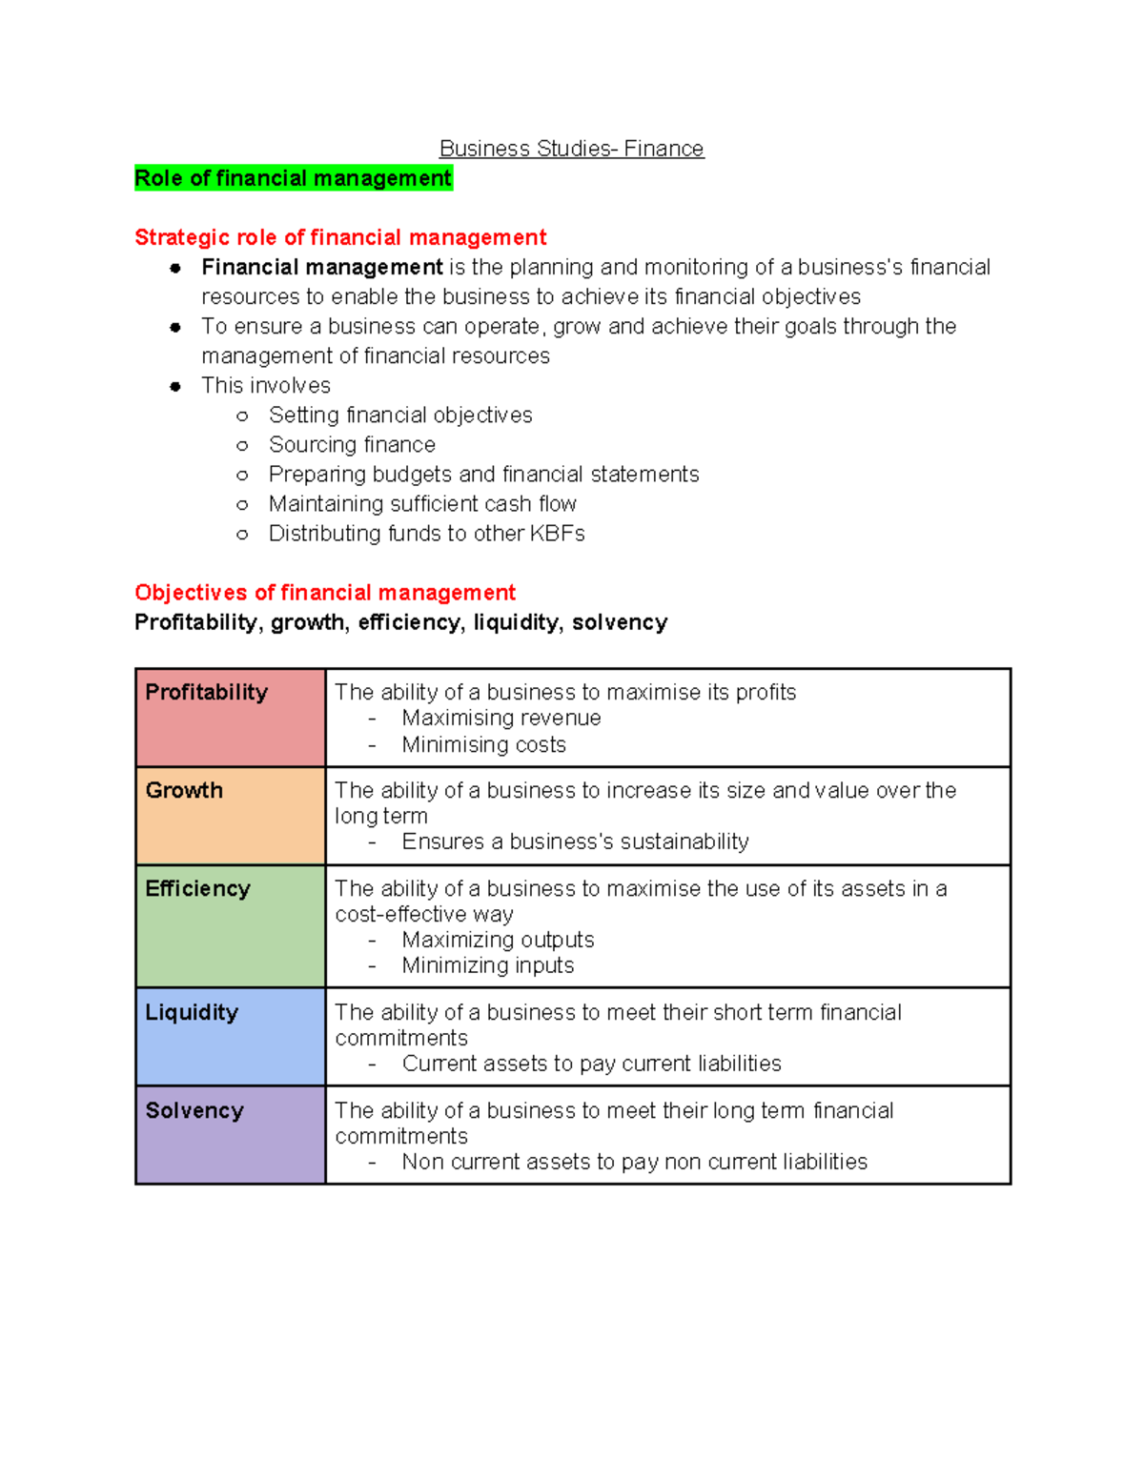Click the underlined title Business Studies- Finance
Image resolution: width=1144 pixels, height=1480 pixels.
[x=571, y=149]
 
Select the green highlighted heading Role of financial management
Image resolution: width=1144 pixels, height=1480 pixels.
[x=293, y=178]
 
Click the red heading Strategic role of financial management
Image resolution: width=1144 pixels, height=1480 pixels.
[x=340, y=237]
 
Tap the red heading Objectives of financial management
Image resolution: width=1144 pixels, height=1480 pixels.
[x=324, y=593]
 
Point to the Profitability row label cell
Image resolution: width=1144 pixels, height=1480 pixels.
[x=230, y=718]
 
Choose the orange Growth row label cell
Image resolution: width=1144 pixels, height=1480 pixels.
[x=230, y=816]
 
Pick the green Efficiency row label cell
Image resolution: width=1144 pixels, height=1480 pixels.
[x=230, y=925]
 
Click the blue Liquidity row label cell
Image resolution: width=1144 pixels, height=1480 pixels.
[x=230, y=1036]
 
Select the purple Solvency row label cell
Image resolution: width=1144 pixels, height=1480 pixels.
[x=230, y=1135]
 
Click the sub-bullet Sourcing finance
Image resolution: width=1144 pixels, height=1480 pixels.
[x=352, y=445]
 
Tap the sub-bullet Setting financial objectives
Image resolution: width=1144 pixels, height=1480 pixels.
[x=400, y=416]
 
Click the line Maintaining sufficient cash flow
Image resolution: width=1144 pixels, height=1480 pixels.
[x=422, y=504]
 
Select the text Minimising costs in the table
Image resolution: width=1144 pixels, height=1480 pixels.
[x=483, y=745]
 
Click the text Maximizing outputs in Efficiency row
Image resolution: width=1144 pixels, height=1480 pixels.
[x=498, y=940]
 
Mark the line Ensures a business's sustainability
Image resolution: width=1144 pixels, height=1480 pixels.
[x=575, y=841]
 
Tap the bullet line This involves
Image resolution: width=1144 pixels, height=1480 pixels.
[x=266, y=386]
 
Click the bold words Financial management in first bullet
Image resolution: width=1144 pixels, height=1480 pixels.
[x=321, y=268]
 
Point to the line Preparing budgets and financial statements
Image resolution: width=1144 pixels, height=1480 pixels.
[x=483, y=475]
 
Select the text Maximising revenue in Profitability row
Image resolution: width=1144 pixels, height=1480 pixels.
[x=501, y=719]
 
